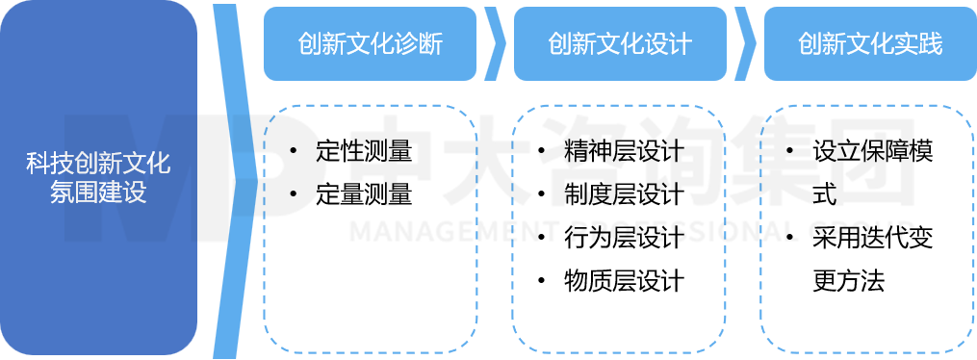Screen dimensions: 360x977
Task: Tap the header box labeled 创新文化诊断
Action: coord(370,44)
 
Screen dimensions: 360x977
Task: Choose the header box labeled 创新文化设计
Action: coord(619,44)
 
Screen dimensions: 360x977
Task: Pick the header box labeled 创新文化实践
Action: coord(869,44)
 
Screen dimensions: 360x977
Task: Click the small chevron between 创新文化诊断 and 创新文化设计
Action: coord(496,44)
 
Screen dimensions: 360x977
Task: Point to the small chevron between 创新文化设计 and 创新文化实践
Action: coord(745,44)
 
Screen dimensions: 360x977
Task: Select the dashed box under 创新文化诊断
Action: coord(371,229)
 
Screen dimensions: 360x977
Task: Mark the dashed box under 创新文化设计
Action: coord(619,229)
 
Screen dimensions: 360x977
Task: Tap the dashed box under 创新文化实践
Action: coord(868,229)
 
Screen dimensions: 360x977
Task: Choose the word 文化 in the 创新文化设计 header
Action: coord(619,44)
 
